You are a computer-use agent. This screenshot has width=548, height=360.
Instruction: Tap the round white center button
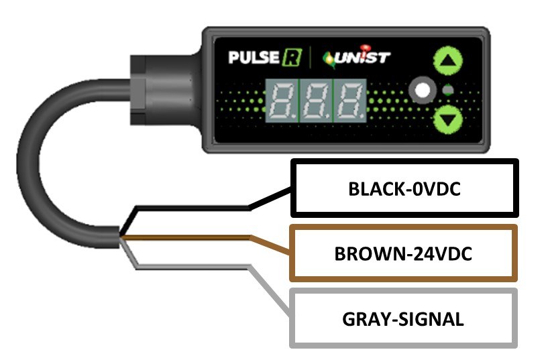pyautogui.click(x=423, y=91)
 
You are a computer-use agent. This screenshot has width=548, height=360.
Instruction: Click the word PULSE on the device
pyautogui.click(x=253, y=57)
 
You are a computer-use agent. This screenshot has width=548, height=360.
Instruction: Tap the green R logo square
pyautogui.click(x=290, y=57)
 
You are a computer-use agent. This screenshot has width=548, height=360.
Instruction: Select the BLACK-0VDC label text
pyautogui.click(x=404, y=189)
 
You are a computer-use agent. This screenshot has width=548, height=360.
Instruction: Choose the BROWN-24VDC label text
pyautogui.click(x=404, y=254)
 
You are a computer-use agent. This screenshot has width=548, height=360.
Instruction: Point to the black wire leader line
pyautogui.click(x=201, y=208)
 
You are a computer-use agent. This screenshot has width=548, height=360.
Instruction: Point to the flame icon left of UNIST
pyautogui.click(x=330, y=58)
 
